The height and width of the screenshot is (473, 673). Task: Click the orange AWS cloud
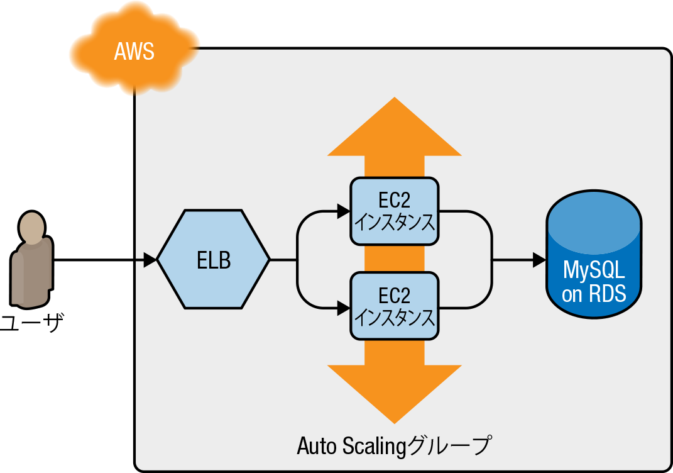pos(134,50)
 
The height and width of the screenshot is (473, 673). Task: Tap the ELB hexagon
pos(214,259)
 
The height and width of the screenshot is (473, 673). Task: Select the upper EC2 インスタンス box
pos(394,211)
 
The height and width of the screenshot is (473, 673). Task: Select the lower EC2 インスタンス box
pos(394,306)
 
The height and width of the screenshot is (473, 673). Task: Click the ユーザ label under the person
pos(31,324)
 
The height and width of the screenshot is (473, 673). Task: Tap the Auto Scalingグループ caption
pos(393,445)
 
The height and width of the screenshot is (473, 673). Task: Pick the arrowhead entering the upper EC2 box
pos(344,211)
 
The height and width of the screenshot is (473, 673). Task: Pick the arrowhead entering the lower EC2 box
pos(344,308)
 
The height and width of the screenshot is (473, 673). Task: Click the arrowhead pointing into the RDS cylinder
pos(539,259)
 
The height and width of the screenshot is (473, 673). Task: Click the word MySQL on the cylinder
pos(594,270)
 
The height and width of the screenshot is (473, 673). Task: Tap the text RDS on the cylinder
pos(607,294)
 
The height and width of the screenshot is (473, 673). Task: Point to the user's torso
pos(31,270)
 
